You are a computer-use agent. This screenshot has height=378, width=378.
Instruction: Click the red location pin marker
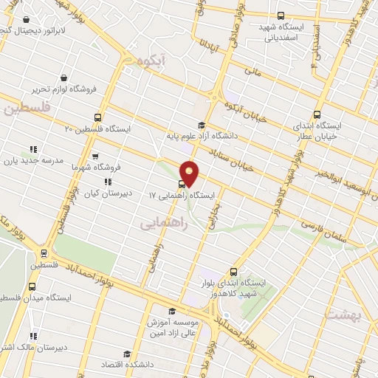tap(190, 172)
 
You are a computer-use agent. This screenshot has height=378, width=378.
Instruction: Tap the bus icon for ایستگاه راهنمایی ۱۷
tap(181, 184)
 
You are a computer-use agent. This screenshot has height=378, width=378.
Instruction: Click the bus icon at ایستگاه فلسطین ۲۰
tap(98, 117)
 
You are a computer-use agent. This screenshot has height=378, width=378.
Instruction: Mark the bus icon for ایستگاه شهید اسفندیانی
tap(280, 16)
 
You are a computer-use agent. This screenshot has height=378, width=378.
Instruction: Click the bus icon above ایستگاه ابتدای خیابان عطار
tap(317, 114)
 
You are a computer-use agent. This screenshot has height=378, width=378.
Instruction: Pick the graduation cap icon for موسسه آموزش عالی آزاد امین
tap(173, 311)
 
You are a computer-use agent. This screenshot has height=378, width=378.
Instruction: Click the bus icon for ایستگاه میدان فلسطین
tap(32, 286)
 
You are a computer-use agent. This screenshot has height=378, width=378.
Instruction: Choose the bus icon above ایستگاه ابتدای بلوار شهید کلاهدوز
tap(234, 271)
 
